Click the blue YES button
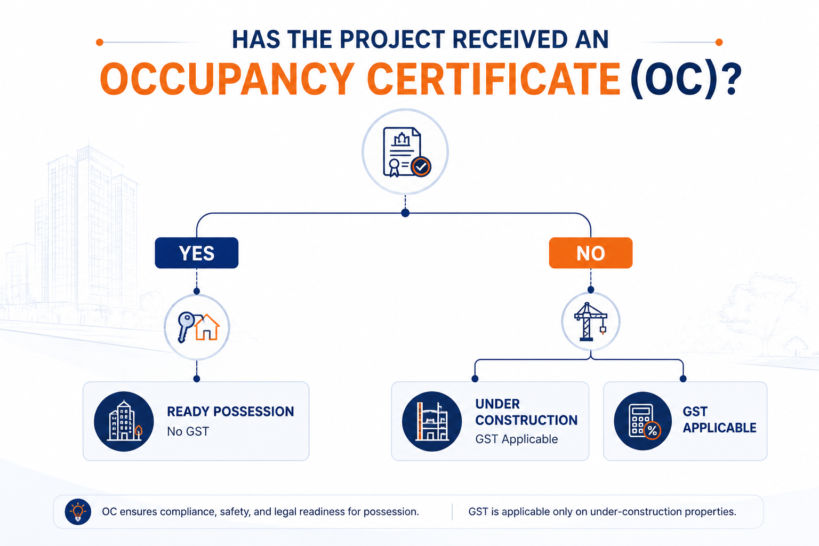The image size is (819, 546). [197, 253]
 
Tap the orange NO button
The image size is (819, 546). [590, 253]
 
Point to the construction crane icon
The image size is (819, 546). [590, 322]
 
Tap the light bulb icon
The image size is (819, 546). [78, 512]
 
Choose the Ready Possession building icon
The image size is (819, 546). [124, 421]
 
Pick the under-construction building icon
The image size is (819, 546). [432, 421]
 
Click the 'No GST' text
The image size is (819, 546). [188, 431]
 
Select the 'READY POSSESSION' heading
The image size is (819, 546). [230, 412]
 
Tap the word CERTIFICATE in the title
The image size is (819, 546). [494, 79]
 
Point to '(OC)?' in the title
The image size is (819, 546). [686, 80]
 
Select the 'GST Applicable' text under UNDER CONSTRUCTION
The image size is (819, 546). [516, 439]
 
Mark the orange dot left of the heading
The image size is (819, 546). [100, 43]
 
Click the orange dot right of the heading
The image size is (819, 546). [719, 43]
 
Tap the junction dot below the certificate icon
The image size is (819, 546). [405, 213]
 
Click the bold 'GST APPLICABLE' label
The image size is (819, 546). [719, 420]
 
